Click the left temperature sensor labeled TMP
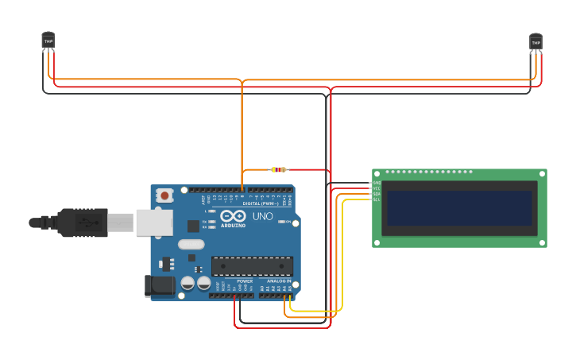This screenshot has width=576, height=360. [x=48, y=41]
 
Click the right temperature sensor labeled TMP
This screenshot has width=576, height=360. [x=535, y=42]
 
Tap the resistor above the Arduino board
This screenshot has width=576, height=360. [x=278, y=169]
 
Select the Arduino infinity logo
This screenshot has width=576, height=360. [x=233, y=216]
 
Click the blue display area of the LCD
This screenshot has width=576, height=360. [x=459, y=207]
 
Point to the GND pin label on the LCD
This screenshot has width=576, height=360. [x=377, y=183]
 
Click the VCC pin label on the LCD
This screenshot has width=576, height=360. [x=377, y=188]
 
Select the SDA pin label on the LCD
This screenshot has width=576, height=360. [x=377, y=194]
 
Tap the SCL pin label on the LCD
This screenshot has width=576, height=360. [x=377, y=199]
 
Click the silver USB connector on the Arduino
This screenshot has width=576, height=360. [x=154, y=223]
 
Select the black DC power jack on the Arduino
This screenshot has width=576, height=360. [x=160, y=286]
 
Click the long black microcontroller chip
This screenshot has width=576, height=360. [x=252, y=266]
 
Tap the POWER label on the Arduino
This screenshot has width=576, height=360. [x=245, y=281]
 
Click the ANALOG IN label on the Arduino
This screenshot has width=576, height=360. [x=278, y=281]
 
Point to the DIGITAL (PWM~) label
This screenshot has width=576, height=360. [x=261, y=203]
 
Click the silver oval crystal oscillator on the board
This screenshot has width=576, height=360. [x=191, y=244]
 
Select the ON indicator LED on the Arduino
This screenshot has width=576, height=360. [x=211, y=211]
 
